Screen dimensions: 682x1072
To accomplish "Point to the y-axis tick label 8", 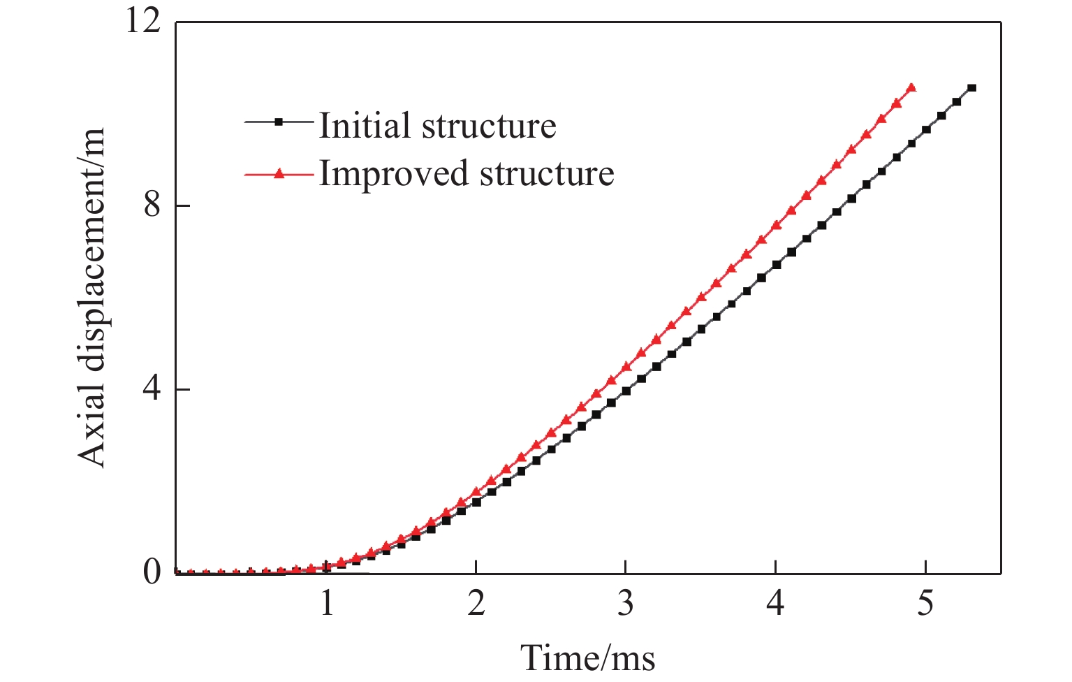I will [x=153, y=206].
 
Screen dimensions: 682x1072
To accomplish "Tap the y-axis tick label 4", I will [x=153, y=389].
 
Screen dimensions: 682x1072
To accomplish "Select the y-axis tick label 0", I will [x=153, y=573].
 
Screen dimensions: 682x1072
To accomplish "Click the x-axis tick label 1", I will [x=326, y=602].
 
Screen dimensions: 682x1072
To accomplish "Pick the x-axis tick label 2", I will [x=476, y=602].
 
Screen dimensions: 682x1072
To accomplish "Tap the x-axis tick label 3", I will [x=626, y=602].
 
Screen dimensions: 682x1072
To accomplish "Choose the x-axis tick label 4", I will [x=775, y=602].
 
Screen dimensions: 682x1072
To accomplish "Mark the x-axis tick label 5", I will [x=925, y=602].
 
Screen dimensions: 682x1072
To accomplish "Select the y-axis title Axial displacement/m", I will [x=92, y=297].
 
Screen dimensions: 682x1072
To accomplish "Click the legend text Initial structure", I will [x=437, y=126].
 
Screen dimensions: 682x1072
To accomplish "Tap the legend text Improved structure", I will [x=467, y=173].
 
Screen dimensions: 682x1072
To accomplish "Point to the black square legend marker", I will [x=278, y=122].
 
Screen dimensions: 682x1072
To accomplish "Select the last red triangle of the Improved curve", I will [x=911, y=88].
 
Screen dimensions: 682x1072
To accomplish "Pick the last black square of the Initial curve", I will [x=971, y=88].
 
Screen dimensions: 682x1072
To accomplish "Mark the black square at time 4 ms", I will [x=776, y=265].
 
